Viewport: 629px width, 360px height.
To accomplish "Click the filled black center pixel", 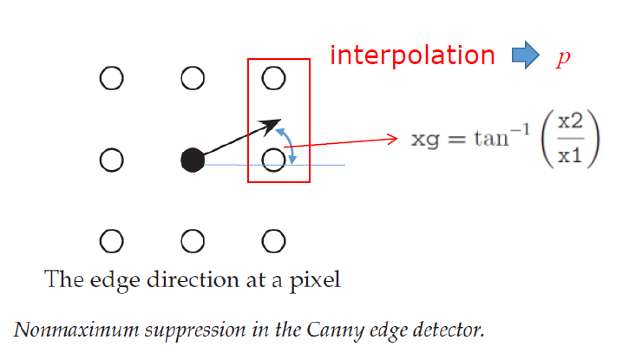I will [x=193, y=160].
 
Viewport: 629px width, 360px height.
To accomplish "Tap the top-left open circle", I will [x=111, y=79].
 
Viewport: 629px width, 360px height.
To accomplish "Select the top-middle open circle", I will [x=193, y=79].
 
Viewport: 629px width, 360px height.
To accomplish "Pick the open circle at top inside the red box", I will [x=273, y=79].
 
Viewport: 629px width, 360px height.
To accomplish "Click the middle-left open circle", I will [x=111, y=160].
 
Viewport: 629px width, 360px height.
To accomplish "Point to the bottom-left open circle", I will [x=111, y=239].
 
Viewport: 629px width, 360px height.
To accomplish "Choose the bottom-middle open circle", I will [x=193, y=239].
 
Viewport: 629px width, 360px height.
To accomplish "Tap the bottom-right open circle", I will [x=273, y=239].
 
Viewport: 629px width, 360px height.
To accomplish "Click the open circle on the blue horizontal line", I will [x=273, y=160].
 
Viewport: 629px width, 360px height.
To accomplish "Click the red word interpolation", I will [x=411, y=56].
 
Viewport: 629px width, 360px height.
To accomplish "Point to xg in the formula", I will [x=422, y=139].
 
